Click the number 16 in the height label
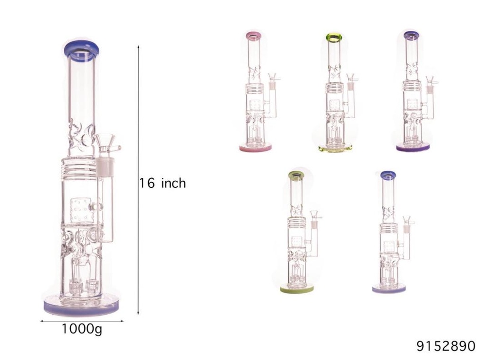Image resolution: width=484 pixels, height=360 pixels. (147, 183)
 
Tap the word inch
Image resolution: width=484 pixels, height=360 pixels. (173, 183)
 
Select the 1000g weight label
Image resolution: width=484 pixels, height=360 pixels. (81, 329)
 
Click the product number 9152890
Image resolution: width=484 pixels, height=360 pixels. (445, 346)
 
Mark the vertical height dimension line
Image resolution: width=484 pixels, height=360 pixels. (138, 180)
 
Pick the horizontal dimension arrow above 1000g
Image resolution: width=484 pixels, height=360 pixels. (81, 321)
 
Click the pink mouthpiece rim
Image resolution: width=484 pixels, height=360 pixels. (255, 34)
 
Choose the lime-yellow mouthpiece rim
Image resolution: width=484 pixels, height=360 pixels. (334, 36)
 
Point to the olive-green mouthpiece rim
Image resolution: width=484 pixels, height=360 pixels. (296, 176)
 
